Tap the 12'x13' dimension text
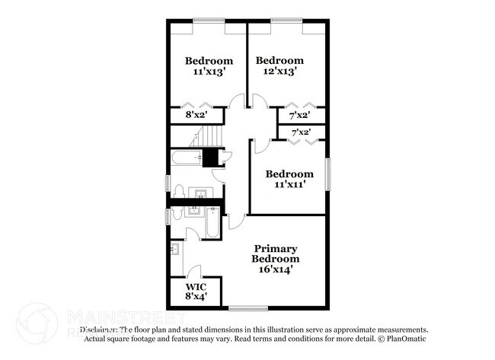279,72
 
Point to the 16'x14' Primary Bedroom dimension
276,269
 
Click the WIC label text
194,287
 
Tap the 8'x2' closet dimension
197,116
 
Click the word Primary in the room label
276,249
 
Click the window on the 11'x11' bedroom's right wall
328,174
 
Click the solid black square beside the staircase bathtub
212,158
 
